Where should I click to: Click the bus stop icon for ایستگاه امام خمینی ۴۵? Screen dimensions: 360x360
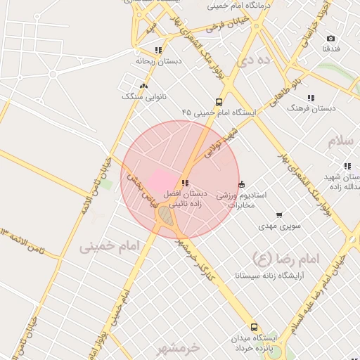click(x=219, y=102)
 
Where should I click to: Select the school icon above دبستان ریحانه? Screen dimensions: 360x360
click(x=158, y=51)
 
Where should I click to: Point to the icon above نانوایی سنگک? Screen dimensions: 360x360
click(x=143, y=86)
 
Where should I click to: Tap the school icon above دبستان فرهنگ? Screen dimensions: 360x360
click(x=311, y=98)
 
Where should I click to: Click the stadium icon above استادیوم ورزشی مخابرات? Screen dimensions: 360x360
click(x=242, y=184)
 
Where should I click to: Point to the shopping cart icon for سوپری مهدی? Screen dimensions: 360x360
click(x=279, y=215)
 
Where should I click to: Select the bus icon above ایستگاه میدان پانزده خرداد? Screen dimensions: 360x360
click(x=254, y=327)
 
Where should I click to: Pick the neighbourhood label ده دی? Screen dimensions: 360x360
click(x=254, y=61)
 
